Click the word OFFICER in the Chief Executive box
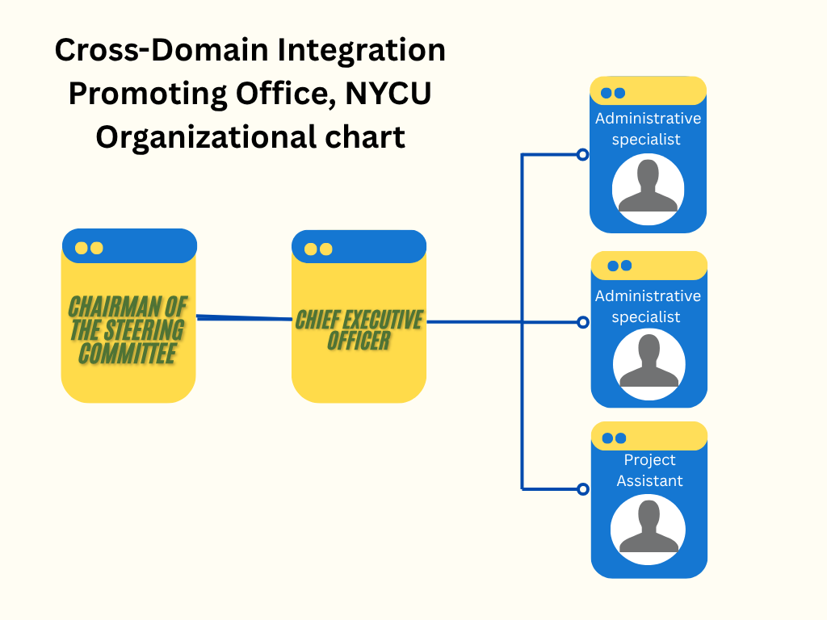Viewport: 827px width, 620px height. [x=359, y=341]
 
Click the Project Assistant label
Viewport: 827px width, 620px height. [x=649, y=470]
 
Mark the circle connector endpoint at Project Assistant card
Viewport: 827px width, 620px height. [x=582, y=488]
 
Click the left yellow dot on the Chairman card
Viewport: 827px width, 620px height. [x=82, y=248]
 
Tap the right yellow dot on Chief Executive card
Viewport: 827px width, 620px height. [x=326, y=249]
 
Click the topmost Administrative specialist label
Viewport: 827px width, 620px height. [x=648, y=129]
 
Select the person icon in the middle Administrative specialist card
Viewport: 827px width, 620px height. [x=649, y=362]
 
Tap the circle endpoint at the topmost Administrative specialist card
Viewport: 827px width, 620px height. [x=582, y=154]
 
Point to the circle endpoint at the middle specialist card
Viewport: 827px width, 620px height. [x=582, y=322]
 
